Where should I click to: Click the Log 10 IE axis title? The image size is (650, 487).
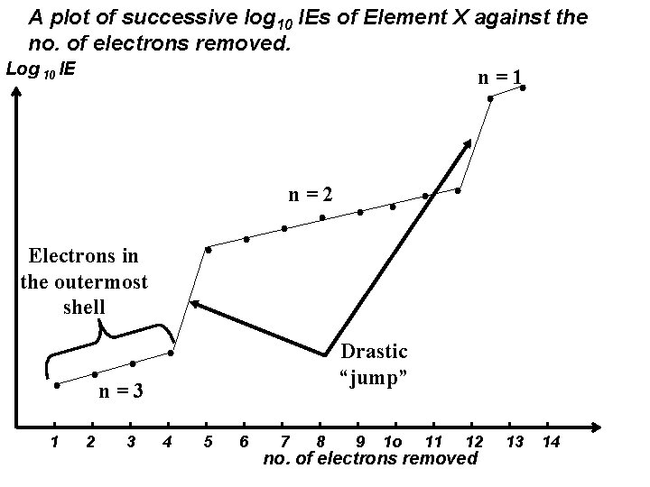click(x=41, y=69)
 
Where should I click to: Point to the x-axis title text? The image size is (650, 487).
click(x=369, y=459)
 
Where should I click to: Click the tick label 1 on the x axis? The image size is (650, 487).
click(x=55, y=441)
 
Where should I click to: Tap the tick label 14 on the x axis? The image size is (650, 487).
click(x=550, y=441)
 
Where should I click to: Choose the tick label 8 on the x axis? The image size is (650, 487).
click(x=321, y=441)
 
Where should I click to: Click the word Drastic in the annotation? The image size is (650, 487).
click(x=374, y=352)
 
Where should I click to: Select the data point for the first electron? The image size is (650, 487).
click(x=57, y=385)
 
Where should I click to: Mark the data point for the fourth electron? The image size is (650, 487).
click(x=171, y=353)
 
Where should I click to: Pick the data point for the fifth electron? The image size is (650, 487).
click(x=209, y=249)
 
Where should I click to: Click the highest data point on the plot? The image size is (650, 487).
click(x=523, y=87)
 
